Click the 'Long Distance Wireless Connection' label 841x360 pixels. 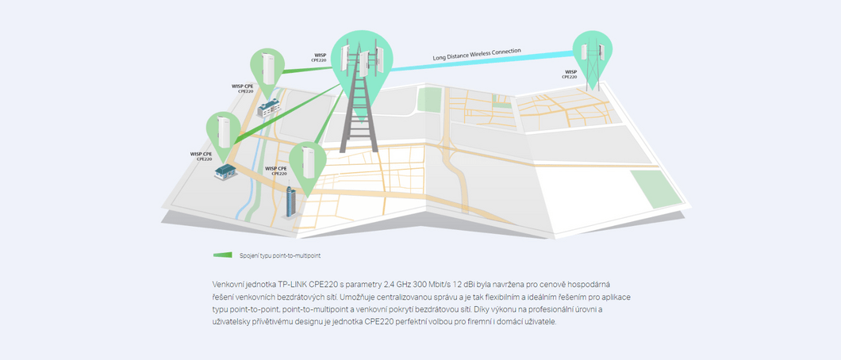pyautogui.click(x=477, y=54)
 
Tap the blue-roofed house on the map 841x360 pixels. pyautogui.click(x=226, y=170)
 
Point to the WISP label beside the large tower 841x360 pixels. pyautogui.click(x=320, y=57)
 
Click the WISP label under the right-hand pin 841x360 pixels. pyautogui.click(x=570, y=74)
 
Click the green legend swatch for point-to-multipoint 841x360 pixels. pyautogui.click(x=222, y=255)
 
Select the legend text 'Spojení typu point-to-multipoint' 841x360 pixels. pyautogui.click(x=280, y=255)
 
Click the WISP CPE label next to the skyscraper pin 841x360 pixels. pyautogui.click(x=276, y=170)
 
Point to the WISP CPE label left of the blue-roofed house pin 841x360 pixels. pyautogui.click(x=201, y=155)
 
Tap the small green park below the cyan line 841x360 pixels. pyautogui.click(x=429, y=99)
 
